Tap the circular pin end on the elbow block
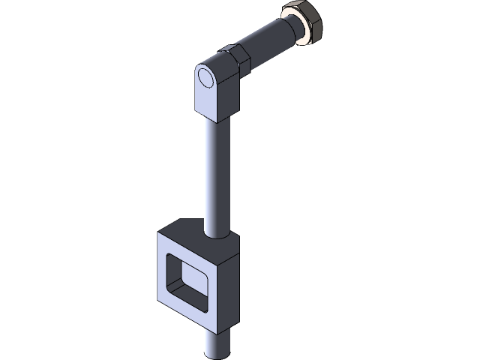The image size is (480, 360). [205, 77]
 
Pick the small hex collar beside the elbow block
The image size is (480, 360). [234, 60]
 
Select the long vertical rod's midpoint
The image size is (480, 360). [214, 172]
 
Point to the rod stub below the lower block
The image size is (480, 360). [217, 345]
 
